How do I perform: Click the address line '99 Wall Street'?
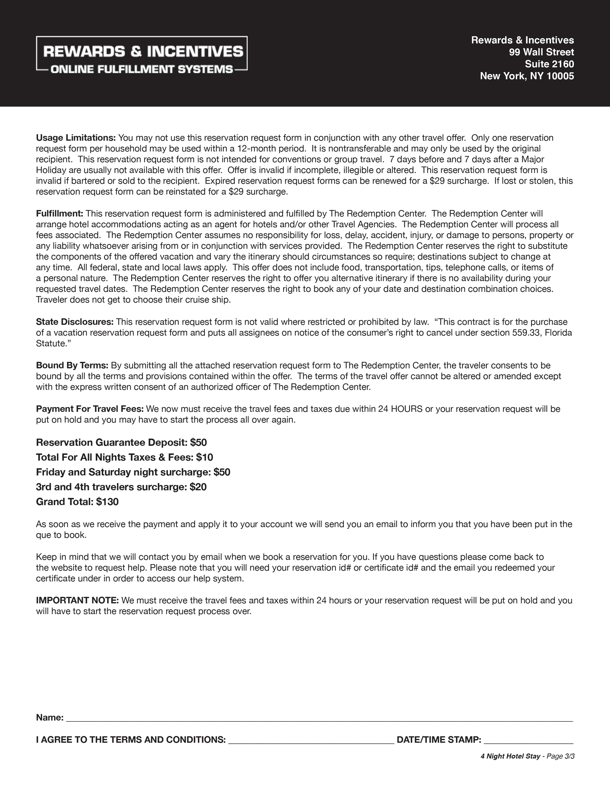541,52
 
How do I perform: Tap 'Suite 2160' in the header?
549,64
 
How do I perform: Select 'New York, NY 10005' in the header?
527,76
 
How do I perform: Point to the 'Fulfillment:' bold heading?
60,214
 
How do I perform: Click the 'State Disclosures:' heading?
75,322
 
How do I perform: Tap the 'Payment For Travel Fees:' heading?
90,409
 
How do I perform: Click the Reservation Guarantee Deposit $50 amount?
198,443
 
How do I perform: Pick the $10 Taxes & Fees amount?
204,457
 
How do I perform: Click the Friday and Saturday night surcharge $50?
222,472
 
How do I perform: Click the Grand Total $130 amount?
107,502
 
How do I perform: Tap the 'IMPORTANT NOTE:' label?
77,600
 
